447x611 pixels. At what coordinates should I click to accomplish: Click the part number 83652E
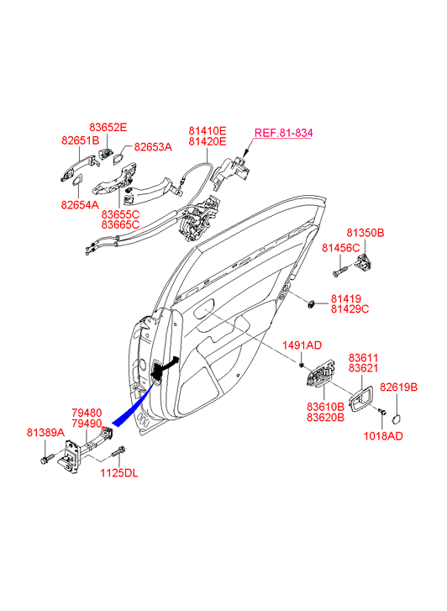(x=108, y=128)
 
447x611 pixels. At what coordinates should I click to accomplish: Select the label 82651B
(x=81, y=140)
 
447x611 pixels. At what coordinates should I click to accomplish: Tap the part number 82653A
(x=153, y=147)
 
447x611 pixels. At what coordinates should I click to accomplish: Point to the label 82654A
(x=80, y=204)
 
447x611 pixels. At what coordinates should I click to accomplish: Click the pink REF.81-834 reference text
(x=283, y=133)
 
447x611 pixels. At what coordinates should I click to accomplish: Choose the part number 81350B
(x=365, y=233)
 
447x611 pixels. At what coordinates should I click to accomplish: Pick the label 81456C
(x=340, y=247)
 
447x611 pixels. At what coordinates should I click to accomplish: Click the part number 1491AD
(x=302, y=345)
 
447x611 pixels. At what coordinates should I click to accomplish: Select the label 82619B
(x=398, y=387)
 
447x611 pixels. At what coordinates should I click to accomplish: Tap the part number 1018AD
(x=383, y=436)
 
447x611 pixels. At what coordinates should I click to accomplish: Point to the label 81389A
(x=45, y=432)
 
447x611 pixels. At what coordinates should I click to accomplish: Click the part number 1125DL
(x=119, y=473)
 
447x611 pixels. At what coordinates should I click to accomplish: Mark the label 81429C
(x=350, y=309)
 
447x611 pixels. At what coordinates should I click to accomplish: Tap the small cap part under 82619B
(x=397, y=419)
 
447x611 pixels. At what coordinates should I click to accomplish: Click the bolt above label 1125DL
(x=118, y=452)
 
